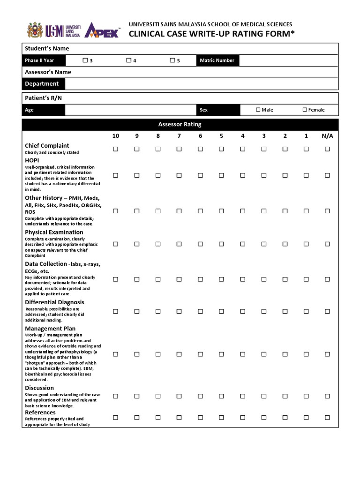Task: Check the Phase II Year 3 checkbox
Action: tap(85, 60)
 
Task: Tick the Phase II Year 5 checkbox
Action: tap(172, 60)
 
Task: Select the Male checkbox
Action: tap(258, 110)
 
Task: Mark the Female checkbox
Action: tap(305, 110)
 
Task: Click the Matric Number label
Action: tap(217, 60)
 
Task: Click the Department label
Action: tap(42, 84)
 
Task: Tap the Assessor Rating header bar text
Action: tap(180, 124)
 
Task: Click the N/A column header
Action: tap(327, 136)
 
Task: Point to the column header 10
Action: tap(116, 136)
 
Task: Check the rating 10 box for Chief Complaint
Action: tap(116, 149)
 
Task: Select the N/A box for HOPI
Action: tap(327, 175)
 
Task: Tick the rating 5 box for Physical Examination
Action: tap(221, 244)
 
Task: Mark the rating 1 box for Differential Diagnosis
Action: tap(306, 311)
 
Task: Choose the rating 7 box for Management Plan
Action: tap(179, 354)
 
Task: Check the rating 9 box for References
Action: tap(137, 417)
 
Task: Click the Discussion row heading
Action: tap(39, 388)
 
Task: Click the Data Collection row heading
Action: tap(45, 264)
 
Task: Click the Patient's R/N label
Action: tap(43, 97)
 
